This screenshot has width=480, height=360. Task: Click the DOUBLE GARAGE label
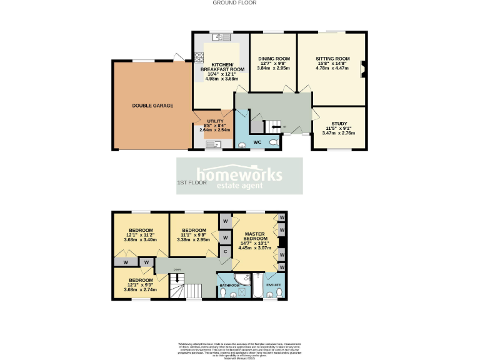pos(152,106)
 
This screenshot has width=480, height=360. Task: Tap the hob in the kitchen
pos(199,58)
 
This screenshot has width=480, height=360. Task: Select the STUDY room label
pos(338,124)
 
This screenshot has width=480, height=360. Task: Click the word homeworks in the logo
pos(239,174)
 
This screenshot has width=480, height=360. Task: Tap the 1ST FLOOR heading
pos(192,183)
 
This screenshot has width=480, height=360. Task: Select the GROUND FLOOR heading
pos(234,3)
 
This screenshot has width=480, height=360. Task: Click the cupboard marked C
pos(224,252)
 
